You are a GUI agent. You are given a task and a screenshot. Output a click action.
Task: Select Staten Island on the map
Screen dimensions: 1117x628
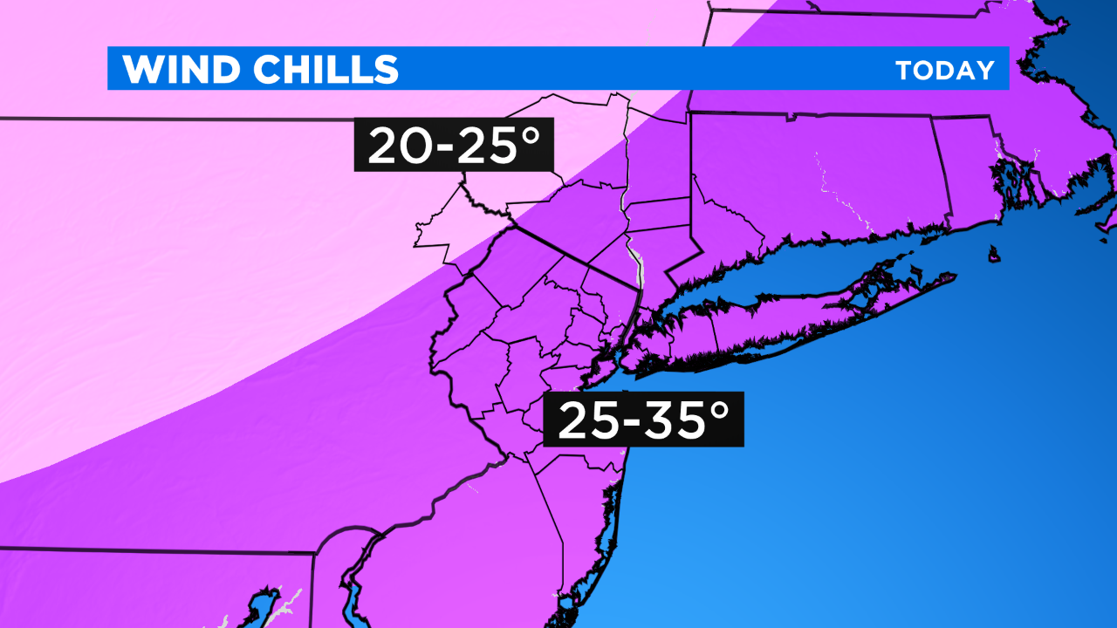(x=603, y=371)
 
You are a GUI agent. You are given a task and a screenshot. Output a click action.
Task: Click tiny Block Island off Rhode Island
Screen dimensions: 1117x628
(x=994, y=254)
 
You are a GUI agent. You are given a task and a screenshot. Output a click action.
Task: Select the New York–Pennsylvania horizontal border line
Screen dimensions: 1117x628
(x=175, y=119)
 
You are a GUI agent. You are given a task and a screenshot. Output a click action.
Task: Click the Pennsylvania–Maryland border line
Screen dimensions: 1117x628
(x=157, y=551)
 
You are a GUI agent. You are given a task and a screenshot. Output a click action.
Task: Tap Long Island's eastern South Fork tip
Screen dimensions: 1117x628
(x=953, y=277)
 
